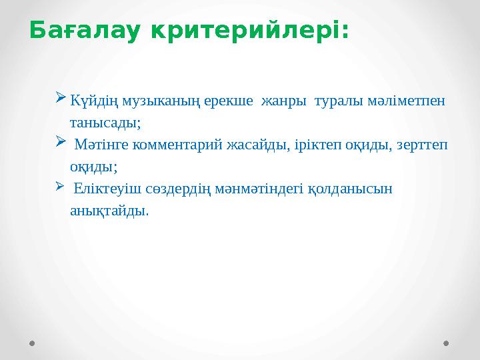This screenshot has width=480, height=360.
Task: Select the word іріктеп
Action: pyautogui.click(x=321, y=145)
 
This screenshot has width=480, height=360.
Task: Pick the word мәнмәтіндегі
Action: pyautogui.click(x=263, y=189)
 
